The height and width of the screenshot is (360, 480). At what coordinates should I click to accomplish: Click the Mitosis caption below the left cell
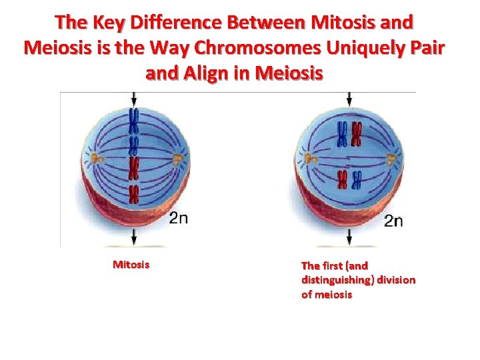coord(131,265)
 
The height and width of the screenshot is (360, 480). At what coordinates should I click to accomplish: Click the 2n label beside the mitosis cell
coord(178,218)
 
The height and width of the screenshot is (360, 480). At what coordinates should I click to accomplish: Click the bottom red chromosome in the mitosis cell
coord(134,194)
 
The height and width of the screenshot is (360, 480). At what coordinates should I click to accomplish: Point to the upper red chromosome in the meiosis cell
coord(357,133)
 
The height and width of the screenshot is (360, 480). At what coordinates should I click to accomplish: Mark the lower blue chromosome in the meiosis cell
coord(357,179)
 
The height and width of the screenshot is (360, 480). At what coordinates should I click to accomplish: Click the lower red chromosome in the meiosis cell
coord(343,179)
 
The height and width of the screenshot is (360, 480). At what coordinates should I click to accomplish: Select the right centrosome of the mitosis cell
coord(177,158)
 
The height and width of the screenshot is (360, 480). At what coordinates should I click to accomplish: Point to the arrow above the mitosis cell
coord(135,99)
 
